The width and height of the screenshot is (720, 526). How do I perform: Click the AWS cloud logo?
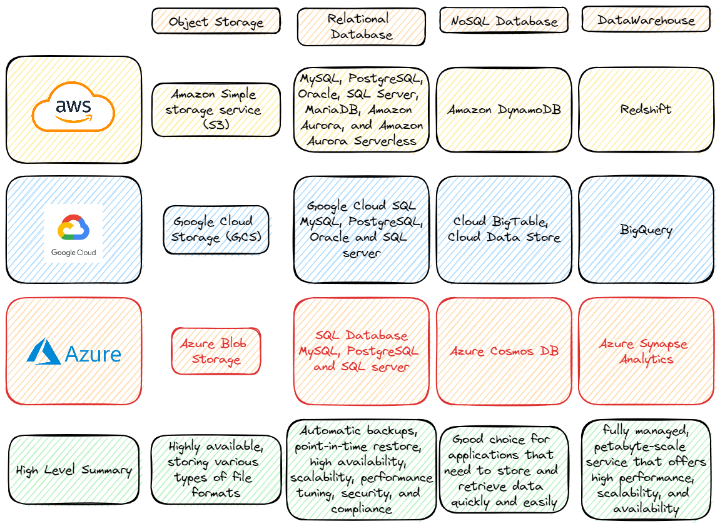pos(73,108)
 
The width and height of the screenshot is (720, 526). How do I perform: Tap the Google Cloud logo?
pos(73,232)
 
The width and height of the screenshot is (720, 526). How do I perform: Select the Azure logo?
pos(74,352)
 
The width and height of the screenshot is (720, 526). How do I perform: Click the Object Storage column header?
pos(216,21)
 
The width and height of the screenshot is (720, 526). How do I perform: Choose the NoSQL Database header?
pos(504,21)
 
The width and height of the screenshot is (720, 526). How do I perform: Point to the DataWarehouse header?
pos(646,20)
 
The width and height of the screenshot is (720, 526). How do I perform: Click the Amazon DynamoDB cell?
pos(504,110)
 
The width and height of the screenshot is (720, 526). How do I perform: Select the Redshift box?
pos(646,109)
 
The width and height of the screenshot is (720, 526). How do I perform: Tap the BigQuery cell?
pos(646,230)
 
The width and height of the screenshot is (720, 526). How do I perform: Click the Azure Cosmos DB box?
pos(504,351)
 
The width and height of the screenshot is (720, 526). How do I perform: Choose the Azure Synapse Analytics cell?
pos(646,351)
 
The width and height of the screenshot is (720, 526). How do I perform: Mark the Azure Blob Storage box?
pos(216,352)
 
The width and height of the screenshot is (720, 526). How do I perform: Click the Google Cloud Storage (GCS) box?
pos(216,230)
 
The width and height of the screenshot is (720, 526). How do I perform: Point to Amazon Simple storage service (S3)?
pos(216,109)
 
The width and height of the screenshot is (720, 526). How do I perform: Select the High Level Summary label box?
pos(74,470)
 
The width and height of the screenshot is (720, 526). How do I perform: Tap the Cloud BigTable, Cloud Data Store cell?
pos(504,230)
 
